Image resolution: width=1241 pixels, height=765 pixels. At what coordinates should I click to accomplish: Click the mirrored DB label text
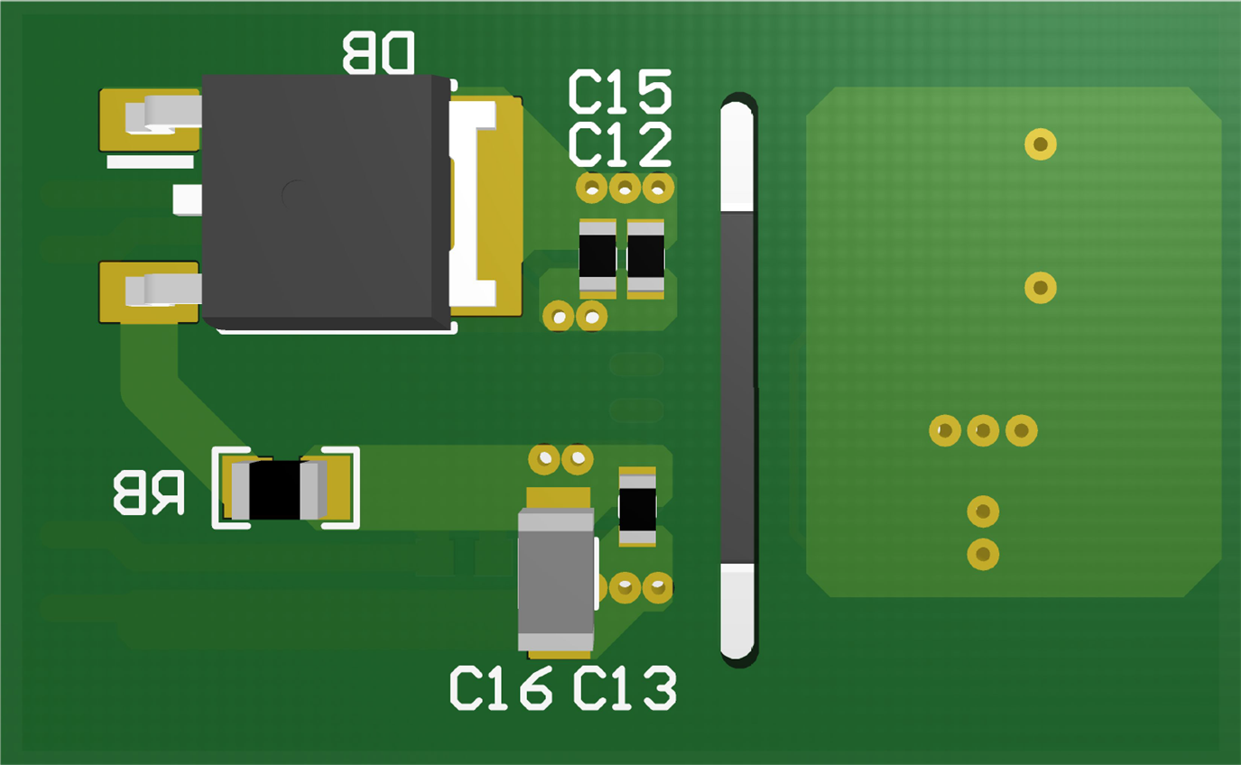pos(378,53)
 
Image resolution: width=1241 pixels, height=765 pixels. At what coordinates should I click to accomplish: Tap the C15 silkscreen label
pos(620,92)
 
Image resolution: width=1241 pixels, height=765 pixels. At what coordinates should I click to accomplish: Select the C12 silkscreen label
pos(620,145)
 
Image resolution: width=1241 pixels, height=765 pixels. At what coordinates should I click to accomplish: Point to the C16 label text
pos(501,689)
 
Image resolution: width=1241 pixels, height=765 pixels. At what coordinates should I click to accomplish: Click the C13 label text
pos(625,689)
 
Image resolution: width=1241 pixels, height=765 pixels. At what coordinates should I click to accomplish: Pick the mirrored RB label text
pos(149,493)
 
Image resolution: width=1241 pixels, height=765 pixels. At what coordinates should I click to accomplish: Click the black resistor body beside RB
pos(274,490)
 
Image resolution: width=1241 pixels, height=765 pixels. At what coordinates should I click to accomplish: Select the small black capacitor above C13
pos(637,507)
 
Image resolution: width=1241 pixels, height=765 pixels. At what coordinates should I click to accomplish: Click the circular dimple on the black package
pos(298,195)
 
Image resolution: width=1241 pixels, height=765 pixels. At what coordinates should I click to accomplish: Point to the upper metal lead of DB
pos(162,114)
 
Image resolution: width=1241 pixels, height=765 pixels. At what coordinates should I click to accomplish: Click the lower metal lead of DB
pos(162,290)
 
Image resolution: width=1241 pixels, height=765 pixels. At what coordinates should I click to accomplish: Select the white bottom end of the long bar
pos(737,609)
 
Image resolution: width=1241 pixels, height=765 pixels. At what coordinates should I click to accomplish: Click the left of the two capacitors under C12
pos(597,258)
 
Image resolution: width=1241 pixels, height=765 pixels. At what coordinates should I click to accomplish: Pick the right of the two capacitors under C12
pos(645,258)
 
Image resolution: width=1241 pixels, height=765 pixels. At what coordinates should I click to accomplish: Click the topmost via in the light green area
pos(1041,143)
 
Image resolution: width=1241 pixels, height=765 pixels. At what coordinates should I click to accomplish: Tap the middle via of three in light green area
pos(983,430)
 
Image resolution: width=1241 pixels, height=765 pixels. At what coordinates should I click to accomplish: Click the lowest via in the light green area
pos(983,554)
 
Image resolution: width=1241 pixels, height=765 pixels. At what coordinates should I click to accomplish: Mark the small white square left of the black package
pos(188,199)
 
